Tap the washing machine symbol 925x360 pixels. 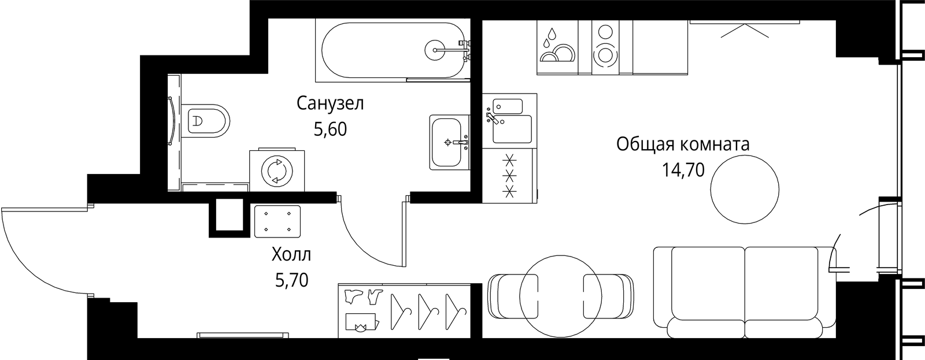tap(277, 170)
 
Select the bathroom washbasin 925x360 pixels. tap(449, 142)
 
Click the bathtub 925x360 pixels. tap(393, 50)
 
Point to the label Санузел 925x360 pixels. tap(330, 103)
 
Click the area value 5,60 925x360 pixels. tap(330, 129)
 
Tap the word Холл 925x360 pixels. tap(291, 255)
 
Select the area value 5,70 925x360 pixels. tap(291, 281)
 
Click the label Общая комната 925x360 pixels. tap(683, 145)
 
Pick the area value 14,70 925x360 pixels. tap(683, 170)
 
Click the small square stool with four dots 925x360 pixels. tap(277, 221)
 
